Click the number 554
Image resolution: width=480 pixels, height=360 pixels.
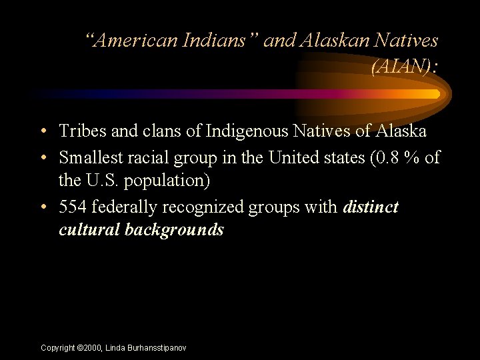[73, 207]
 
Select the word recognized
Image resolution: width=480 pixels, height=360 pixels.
[204, 207]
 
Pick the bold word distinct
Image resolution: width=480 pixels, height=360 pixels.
[371, 207]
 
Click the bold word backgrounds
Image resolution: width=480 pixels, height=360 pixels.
[174, 231]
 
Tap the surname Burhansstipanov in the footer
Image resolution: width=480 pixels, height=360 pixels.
[156, 348]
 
